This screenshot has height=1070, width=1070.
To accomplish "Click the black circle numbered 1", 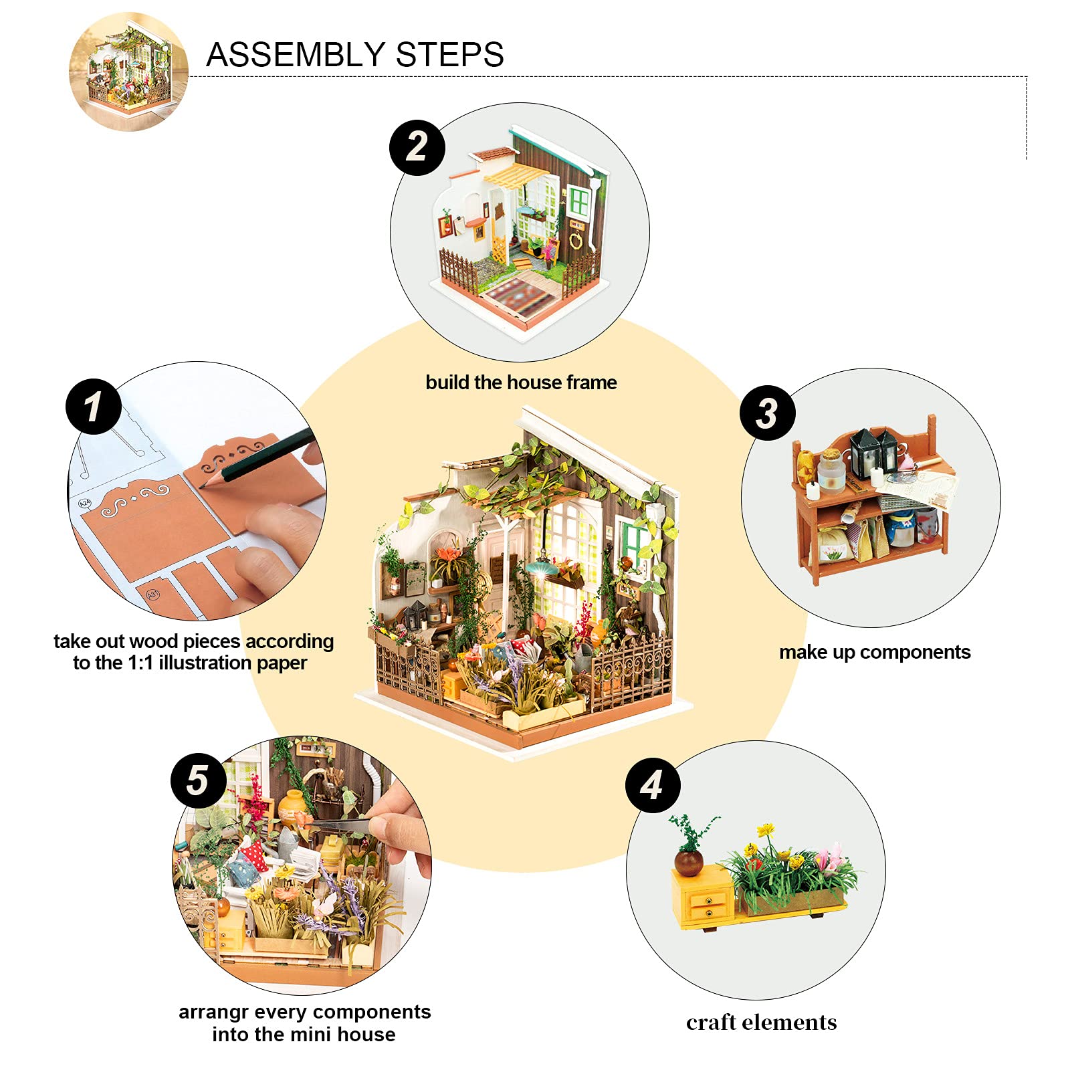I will (93, 406).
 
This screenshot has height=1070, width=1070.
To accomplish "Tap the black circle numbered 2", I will (417, 147).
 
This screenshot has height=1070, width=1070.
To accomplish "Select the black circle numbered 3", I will (767, 413).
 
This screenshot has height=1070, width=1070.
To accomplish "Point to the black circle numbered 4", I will (653, 785).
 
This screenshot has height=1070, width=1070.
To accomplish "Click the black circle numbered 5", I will (198, 780).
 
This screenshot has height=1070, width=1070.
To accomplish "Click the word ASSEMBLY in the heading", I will (296, 55).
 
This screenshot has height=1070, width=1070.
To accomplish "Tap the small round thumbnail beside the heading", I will (128, 72).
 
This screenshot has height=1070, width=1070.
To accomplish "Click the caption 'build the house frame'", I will (521, 383).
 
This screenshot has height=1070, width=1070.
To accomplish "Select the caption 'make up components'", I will (874, 652).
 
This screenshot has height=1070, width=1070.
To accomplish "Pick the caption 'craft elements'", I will (761, 1023).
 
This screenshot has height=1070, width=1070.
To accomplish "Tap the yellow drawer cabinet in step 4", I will (702, 896).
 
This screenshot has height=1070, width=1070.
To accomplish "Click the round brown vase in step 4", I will (688, 862).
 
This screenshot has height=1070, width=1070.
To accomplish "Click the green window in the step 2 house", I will (579, 201).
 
